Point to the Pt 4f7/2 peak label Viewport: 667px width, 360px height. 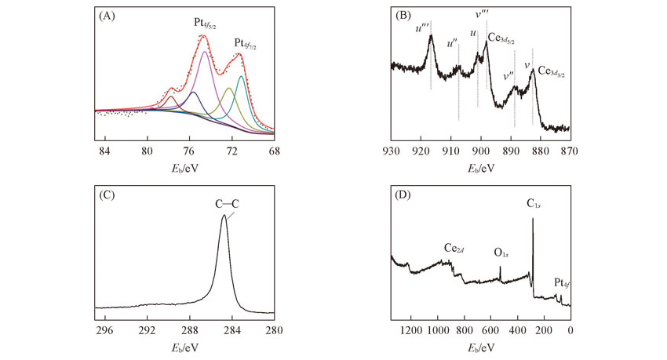[246, 42]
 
